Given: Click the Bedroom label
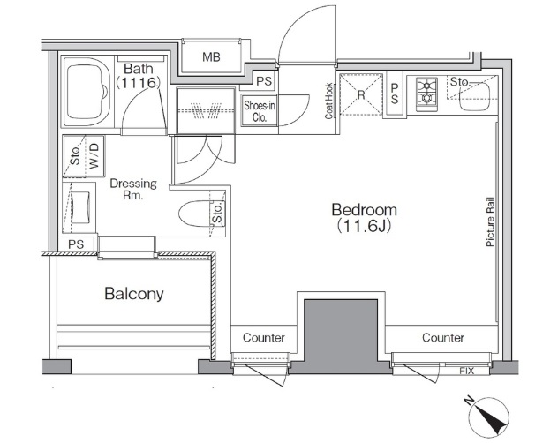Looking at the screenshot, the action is (x=364, y=210).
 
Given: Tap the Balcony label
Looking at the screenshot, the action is (x=134, y=294).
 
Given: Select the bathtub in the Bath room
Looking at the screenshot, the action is (x=87, y=93).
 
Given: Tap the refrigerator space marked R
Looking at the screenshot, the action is (x=361, y=94).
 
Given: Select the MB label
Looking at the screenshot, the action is (x=211, y=57).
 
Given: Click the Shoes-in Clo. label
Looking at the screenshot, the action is (x=260, y=111).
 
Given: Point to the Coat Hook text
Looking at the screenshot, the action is (x=328, y=101).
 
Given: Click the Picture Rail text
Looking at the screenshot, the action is (x=490, y=222).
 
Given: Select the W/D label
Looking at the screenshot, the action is (x=94, y=156).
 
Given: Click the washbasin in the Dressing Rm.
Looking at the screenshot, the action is (x=80, y=207).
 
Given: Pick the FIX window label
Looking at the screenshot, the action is (x=466, y=372).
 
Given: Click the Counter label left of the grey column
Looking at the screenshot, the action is (x=264, y=337).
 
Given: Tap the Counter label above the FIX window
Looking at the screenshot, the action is (x=443, y=337).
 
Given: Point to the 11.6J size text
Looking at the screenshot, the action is (x=364, y=226).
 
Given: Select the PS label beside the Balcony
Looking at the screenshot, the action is (x=76, y=244).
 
